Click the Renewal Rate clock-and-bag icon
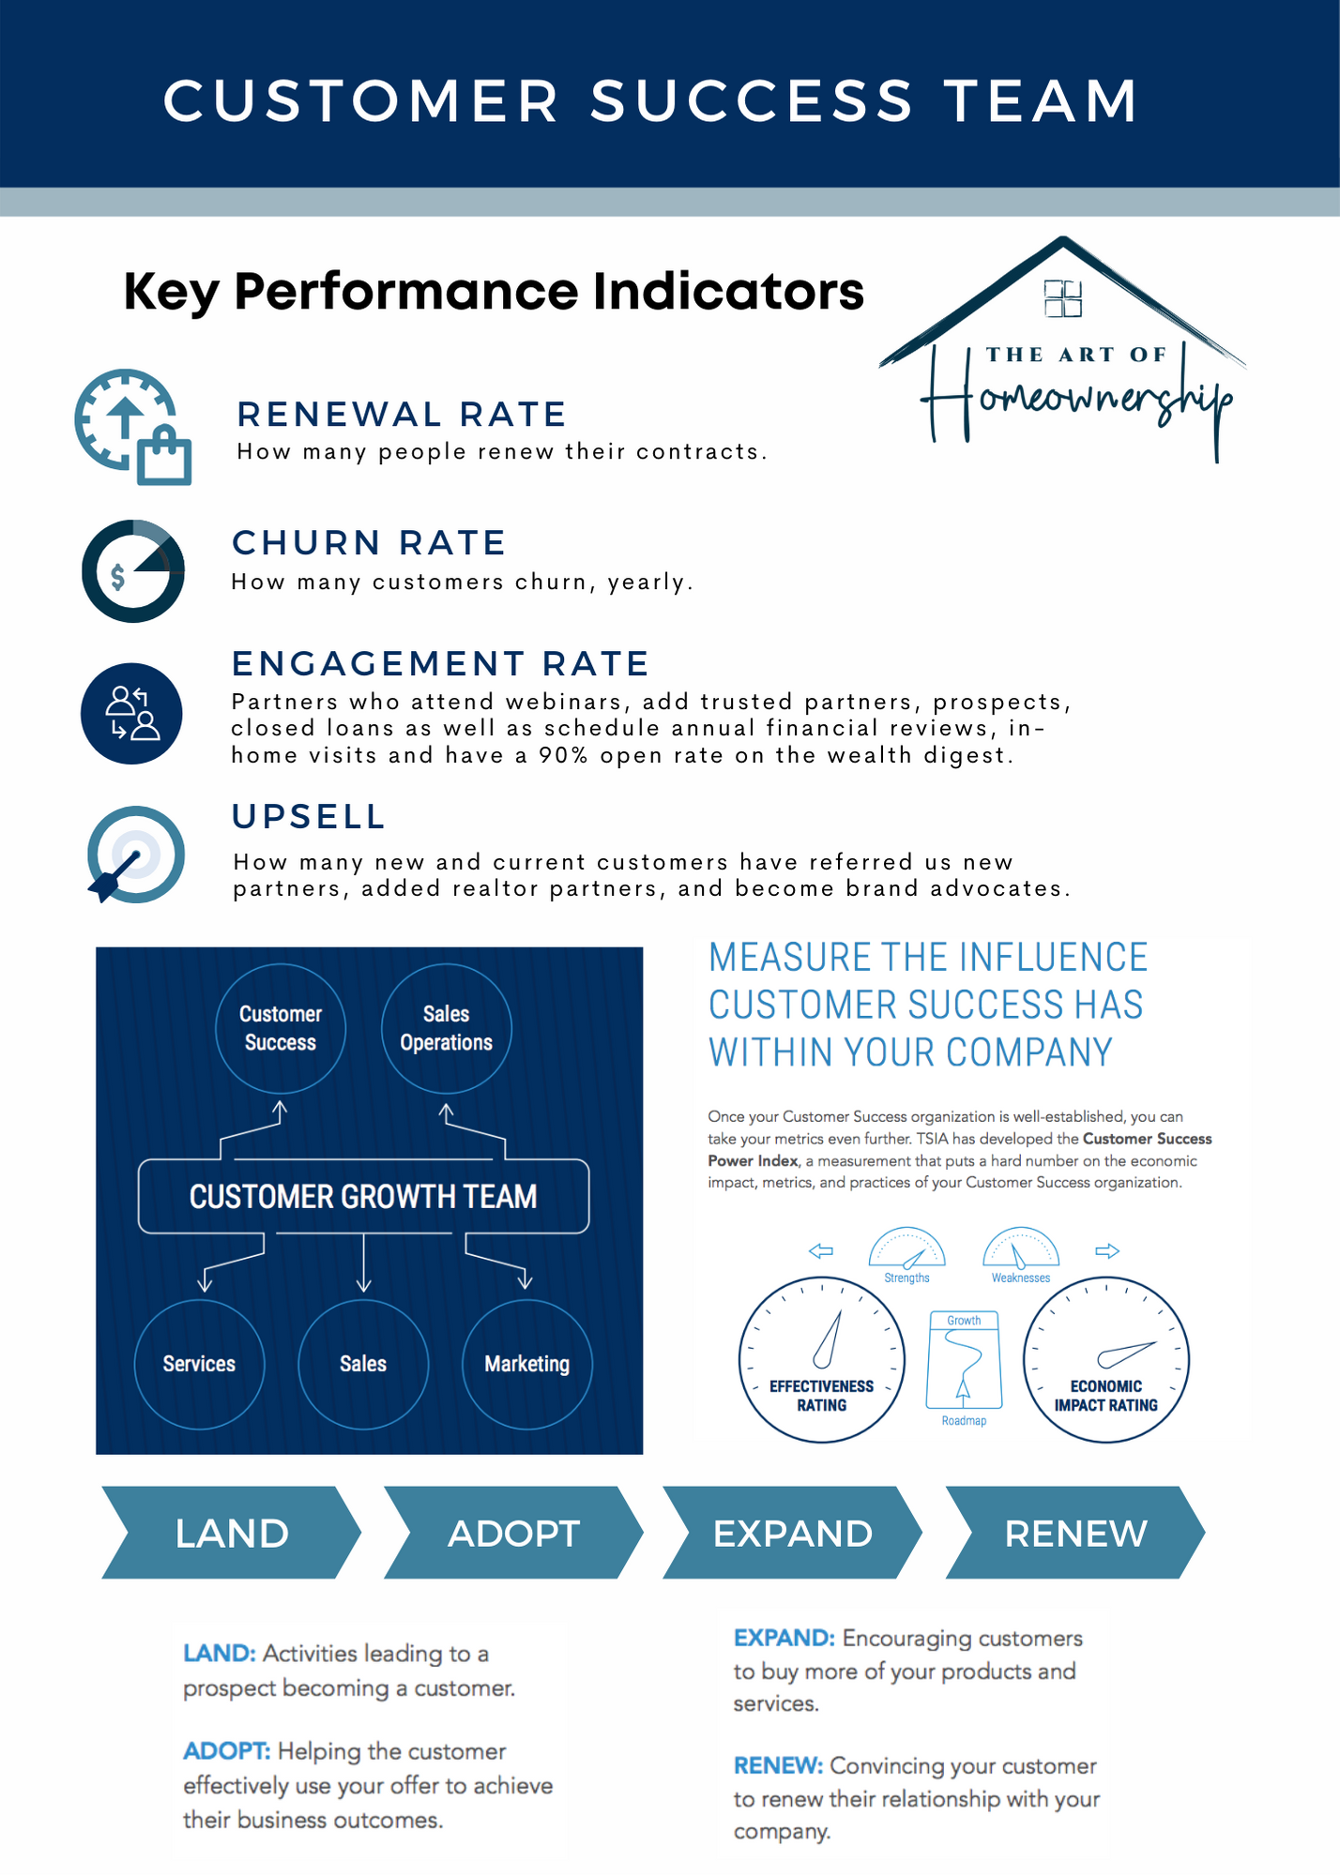pos(132,428)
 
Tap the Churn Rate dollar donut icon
pos(133,570)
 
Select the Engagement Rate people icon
pos(131,713)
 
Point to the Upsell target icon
pos(135,855)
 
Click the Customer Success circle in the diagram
pos(281,1028)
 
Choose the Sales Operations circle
pos(446,1028)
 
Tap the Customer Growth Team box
pos(363,1196)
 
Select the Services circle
pos(199,1364)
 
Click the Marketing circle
pos(526,1364)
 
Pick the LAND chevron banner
pos(231,1533)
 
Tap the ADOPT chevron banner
pos(513,1533)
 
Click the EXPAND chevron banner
pos(792,1533)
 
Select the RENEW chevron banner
pos(1075,1533)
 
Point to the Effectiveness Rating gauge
pos(822,1359)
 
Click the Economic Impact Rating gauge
pos(1105,1359)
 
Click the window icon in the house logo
pos(1063,298)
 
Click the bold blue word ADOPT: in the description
pos(227,1751)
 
